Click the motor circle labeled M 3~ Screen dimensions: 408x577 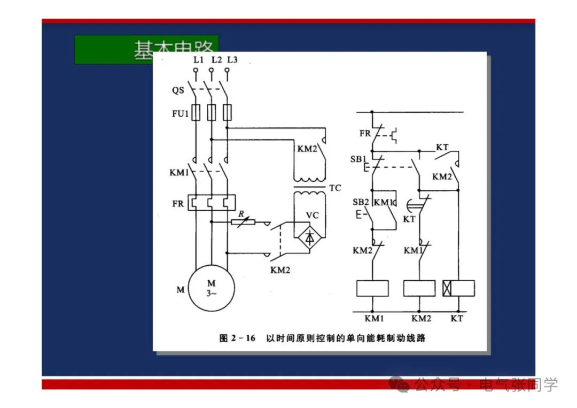[212, 288]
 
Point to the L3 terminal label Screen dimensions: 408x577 [231, 60]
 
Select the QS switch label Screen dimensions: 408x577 [178, 90]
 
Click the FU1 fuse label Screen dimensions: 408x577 [180, 113]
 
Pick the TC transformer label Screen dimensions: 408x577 [335, 188]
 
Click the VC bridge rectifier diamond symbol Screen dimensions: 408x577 [309, 237]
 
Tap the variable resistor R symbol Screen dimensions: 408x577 [244, 221]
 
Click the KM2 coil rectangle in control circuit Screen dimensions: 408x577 [419, 288]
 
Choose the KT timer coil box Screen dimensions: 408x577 [459, 288]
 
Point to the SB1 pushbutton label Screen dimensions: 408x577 [358, 159]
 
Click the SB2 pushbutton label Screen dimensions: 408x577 [361, 202]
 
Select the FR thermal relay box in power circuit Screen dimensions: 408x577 [212, 204]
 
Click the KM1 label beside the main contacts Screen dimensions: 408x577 [179, 173]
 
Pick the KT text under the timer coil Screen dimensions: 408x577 [457, 318]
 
